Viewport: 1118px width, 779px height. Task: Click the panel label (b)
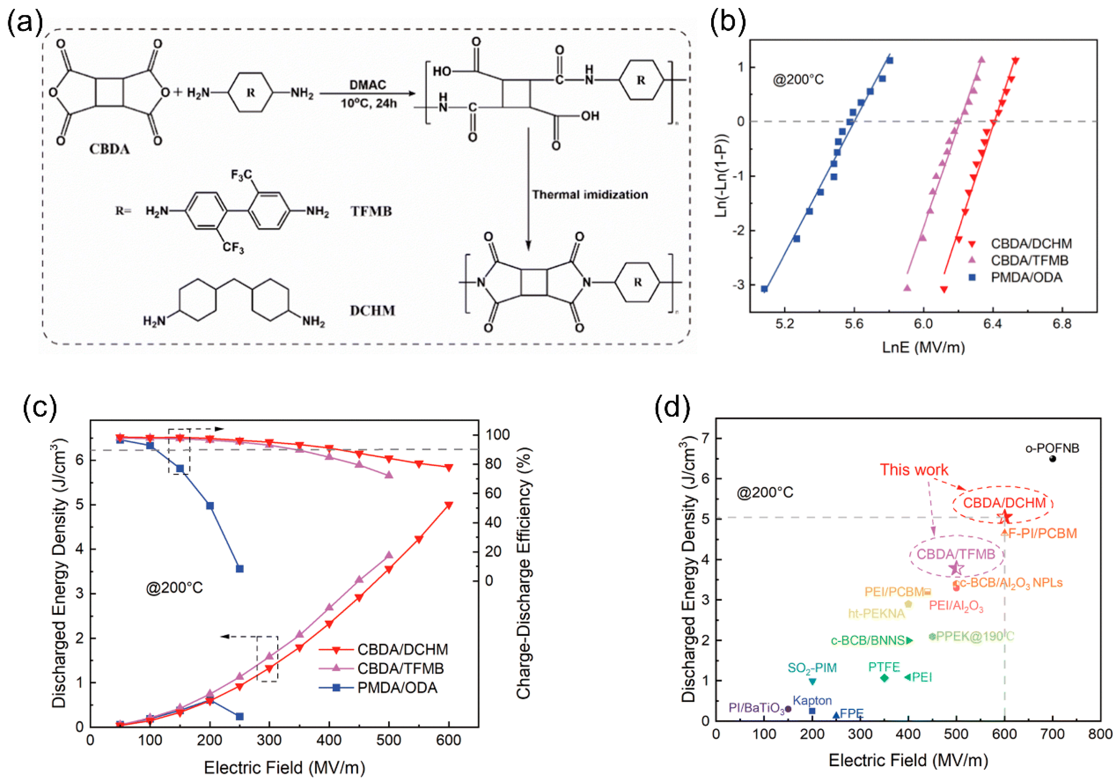(728, 22)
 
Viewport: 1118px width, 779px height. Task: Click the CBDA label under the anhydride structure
(109, 149)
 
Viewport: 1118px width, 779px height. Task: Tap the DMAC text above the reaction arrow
(368, 85)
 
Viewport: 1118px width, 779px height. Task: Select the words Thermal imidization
(590, 195)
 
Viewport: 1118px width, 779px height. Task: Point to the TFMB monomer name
(371, 211)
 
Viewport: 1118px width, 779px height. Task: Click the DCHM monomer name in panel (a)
(372, 311)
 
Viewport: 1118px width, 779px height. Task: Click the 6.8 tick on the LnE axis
(1061, 324)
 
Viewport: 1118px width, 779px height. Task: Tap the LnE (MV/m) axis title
(923, 347)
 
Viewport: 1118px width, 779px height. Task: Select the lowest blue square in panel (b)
(764, 289)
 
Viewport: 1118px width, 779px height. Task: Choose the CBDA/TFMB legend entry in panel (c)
(400, 669)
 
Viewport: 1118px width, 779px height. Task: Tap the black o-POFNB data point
(1052, 459)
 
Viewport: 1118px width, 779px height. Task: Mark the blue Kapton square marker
(812, 711)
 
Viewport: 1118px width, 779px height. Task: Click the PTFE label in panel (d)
(884, 667)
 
